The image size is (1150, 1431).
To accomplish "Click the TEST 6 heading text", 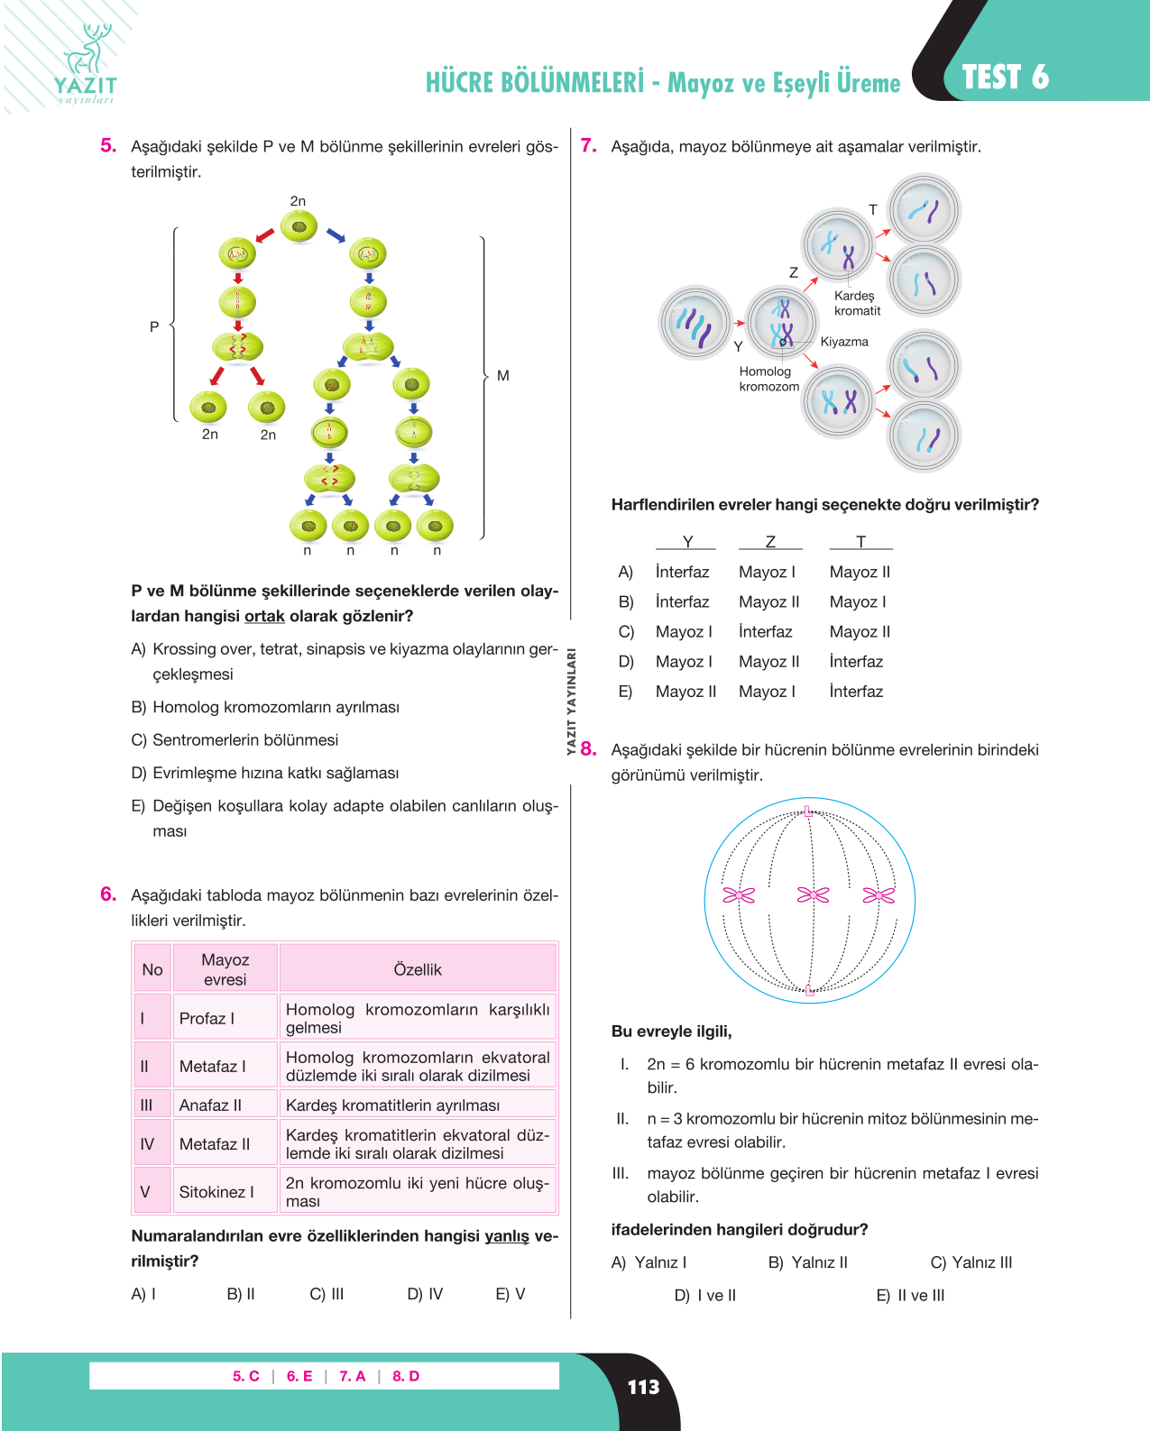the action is tap(1005, 78).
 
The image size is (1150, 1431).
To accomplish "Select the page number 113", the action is tap(643, 1387).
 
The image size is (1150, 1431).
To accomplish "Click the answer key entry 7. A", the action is tap(353, 1376).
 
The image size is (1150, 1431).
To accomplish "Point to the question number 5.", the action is tap(108, 146).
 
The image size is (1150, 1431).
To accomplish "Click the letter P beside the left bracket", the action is tap(154, 326).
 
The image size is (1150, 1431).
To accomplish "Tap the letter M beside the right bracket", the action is tap(502, 376).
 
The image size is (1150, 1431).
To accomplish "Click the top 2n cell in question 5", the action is tap(299, 226).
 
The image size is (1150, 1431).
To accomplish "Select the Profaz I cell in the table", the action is tap(225, 1017).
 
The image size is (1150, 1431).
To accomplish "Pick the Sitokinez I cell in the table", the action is tap(225, 1192).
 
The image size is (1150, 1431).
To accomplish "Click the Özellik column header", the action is tap(417, 969).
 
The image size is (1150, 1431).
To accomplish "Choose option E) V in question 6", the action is tap(511, 1294).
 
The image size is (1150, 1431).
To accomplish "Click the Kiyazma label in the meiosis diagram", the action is tap(844, 342).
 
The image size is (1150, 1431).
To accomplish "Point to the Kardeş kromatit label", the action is tap(858, 303).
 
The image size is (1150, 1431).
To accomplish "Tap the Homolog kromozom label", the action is tap(768, 379).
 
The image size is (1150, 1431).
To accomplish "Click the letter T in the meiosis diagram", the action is tap(872, 210).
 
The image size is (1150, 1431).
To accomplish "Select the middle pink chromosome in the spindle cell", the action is tap(813, 895).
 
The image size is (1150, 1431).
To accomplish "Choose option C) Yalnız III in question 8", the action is tap(971, 1262).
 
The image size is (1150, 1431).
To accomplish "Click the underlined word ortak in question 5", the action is tap(264, 617).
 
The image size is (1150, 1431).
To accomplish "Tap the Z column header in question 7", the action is tap(770, 542).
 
